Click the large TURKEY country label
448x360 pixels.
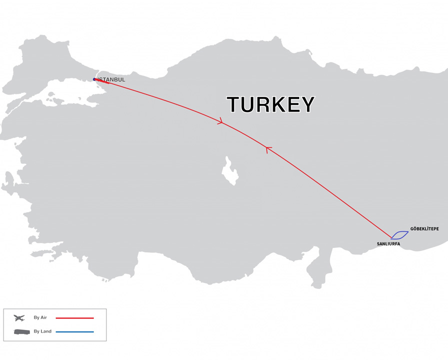(271, 104)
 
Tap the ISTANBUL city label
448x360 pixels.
(112, 79)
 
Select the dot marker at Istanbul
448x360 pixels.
(94, 79)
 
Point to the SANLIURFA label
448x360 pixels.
(388, 244)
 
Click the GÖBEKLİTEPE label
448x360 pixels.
(425, 229)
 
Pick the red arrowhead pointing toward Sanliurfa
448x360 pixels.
(220, 121)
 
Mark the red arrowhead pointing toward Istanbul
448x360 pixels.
(268, 149)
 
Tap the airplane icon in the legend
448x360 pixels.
(19, 318)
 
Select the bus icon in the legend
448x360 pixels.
(21, 332)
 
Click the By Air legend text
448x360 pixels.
(40, 317)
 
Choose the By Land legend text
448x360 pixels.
(42, 331)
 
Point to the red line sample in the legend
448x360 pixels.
(74, 318)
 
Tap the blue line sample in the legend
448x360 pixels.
(74, 332)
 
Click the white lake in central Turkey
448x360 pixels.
(231, 171)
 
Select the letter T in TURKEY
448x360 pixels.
(235, 104)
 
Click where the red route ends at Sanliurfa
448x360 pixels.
(391, 237)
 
